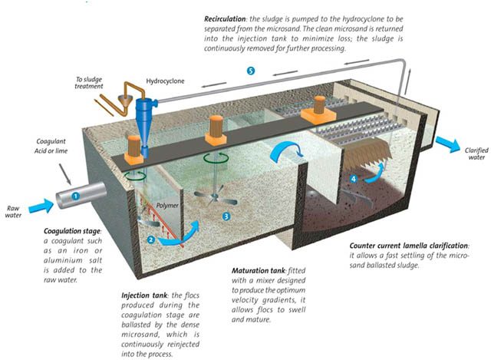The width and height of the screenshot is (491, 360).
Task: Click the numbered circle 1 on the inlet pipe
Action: [75, 197]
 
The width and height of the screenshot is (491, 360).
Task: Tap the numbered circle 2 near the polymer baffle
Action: [151, 239]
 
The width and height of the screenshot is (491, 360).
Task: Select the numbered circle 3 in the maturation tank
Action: [226, 216]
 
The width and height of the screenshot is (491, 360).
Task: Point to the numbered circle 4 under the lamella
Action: [354, 179]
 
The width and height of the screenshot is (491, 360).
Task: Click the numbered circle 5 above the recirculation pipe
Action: [251, 71]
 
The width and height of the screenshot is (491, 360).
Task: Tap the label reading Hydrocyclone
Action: [166, 81]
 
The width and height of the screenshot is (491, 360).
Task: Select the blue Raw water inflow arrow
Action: [41, 206]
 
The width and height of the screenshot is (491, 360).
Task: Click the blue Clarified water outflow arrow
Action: [448, 144]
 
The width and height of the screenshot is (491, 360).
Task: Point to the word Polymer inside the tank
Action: [167, 206]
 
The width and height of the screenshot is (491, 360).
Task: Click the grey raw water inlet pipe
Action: [81, 195]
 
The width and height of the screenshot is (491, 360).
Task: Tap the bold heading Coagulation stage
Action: [72, 231]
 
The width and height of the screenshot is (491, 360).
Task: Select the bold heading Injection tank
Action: [144, 296]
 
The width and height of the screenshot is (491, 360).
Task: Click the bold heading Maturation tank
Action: [259, 271]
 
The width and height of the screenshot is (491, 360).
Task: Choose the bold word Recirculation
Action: [225, 18]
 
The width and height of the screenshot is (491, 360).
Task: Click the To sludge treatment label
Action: [89, 83]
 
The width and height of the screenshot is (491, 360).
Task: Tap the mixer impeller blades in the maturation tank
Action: [215, 197]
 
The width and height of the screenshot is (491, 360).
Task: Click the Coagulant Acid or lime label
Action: [51, 146]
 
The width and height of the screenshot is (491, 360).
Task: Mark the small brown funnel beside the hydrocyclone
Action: [124, 101]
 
